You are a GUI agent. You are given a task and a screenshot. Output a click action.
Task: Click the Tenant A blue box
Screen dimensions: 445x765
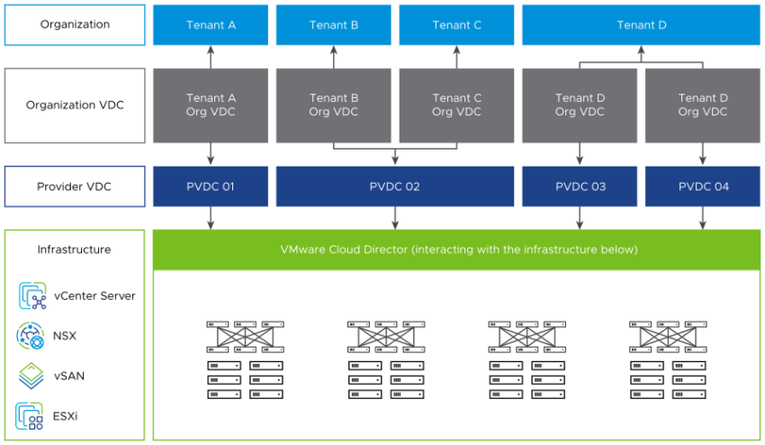[x=211, y=24]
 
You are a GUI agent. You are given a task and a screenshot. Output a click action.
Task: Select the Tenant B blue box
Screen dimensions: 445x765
[x=334, y=24]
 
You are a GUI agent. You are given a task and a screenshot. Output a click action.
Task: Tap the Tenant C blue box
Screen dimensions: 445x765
[x=457, y=24]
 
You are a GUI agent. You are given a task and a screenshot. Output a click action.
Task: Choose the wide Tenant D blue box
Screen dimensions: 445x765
[x=642, y=24]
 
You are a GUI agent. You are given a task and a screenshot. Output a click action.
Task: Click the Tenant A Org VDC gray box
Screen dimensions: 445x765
[x=211, y=104]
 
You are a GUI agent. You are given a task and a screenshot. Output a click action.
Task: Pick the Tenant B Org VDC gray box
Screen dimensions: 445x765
[x=334, y=104]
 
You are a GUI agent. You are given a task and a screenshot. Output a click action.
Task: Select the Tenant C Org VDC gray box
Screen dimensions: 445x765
[x=457, y=104]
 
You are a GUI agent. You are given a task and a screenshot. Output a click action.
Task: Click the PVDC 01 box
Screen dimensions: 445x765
[x=211, y=186]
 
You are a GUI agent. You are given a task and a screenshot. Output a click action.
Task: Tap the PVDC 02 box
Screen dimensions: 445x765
[x=395, y=186]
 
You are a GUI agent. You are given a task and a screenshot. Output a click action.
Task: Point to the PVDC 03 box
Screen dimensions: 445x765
[x=580, y=186]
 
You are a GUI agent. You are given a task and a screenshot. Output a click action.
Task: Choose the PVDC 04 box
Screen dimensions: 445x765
[x=703, y=186]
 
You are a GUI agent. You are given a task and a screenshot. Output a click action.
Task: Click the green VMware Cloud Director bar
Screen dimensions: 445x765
[x=457, y=250]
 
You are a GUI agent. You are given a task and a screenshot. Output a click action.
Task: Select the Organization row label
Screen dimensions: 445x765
[x=75, y=24]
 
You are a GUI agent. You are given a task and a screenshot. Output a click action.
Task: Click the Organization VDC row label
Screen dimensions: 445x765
[x=75, y=104]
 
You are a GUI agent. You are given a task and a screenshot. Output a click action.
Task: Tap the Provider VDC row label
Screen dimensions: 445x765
[x=75, y=186]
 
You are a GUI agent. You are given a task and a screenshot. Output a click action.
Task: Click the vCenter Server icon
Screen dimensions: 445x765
[x=32, y=295]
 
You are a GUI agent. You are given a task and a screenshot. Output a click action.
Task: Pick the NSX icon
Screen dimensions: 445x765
[x=31, y=336]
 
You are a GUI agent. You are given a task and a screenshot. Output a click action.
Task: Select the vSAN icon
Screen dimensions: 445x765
[x=31, y=376]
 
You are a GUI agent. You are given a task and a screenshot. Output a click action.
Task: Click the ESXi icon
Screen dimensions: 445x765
[x=31, y=415]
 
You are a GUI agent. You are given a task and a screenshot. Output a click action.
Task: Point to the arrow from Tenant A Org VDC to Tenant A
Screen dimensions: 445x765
[x=211, y=57]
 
